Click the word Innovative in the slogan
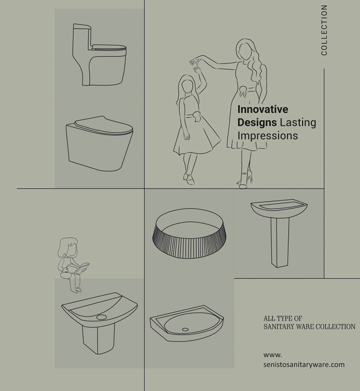pyautogui.click(x=263, y=109)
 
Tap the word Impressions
pyautogui.click(x=267, y=136)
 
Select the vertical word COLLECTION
pyautogui.click(x=324, y=30)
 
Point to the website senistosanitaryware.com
pyautogui.click(x=304, y=364)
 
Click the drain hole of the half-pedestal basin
pyautogui.click(x=102, y=317)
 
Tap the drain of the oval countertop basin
pyautogui.click(x=185, y=329)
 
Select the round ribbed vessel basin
pyautogui.click(x=189, y=234)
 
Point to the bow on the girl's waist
pyautogui.click(x=196, y=116)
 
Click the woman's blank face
pyautogui.click(x=245, y=52)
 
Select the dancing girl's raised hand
pyautogui.click(x=197, y=69)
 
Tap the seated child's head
pyautogui.click(x=68, y=247)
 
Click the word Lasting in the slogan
pyautogui.click(x=298, y=122)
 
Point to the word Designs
pyautogui.click(x=257, y=123)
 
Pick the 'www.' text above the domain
pyautogui.click(x=272, y=355)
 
